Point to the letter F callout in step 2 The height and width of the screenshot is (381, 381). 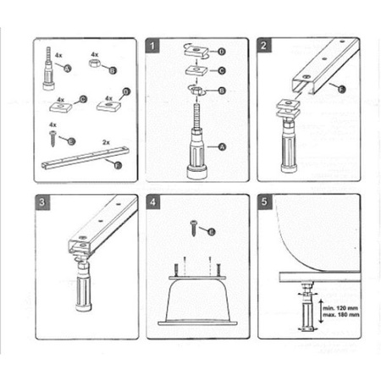[x=341, y=88]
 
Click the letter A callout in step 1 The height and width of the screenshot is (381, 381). [x=222, y=146]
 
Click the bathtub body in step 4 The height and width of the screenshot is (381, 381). [x=196, y=301]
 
